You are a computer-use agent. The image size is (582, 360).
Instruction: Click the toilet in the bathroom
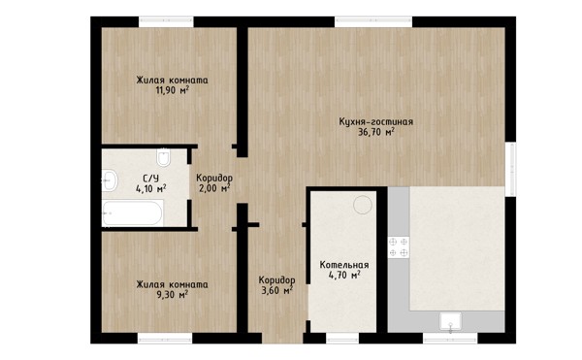(163, 157)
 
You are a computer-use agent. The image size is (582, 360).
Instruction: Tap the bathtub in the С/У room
(133, 213)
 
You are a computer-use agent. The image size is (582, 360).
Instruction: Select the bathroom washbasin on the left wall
(109, 180)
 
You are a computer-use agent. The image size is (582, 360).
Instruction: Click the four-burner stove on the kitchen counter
(399, 247)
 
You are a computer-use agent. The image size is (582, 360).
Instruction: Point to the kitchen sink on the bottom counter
(450, 320)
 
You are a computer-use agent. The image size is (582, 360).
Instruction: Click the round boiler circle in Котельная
(362, 205)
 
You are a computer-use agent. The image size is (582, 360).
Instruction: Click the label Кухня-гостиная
(376, 121)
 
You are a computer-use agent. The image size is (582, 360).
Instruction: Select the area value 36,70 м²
(376, 132)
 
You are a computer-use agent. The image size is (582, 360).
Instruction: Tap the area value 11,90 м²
(173, 90)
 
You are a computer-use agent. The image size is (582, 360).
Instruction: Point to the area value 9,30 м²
(173, 295)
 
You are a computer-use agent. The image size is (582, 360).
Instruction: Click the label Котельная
(344, 265)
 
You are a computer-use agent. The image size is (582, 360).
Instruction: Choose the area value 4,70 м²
(344, 275)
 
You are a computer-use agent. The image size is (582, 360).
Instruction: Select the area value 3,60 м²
(276, 290)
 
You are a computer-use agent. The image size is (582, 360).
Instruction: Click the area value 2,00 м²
(214, 188)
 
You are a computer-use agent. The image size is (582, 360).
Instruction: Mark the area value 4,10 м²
(150, 188)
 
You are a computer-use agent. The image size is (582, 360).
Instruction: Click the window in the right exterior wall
(511, 169)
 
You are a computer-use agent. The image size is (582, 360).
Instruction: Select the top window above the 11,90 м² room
(166, 22)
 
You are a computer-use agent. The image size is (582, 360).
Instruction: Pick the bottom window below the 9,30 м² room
(165, 338)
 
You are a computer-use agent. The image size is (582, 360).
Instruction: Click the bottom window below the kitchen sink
(450, 338)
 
